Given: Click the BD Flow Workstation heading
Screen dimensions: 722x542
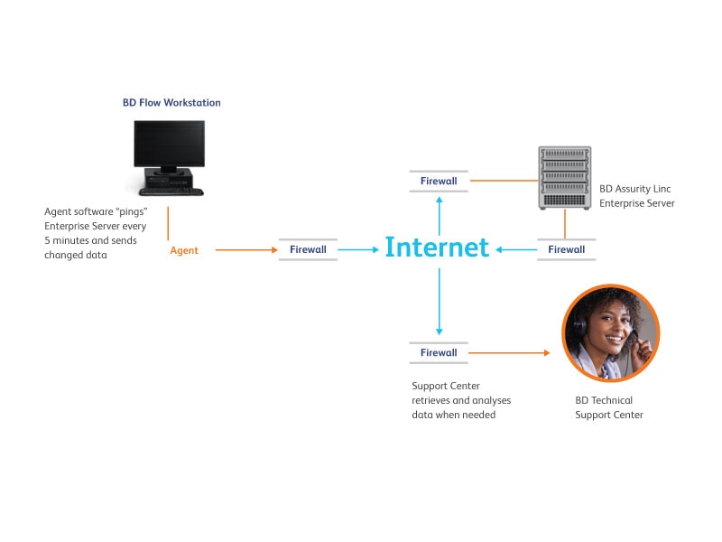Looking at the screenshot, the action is click(171, 102).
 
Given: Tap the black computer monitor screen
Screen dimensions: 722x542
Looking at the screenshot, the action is click(170, 144).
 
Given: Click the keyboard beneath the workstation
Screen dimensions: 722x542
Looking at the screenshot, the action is click(171, 192).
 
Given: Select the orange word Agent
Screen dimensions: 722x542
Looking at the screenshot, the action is click(184, 250).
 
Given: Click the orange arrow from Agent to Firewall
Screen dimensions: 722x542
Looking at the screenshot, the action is click(246, 250).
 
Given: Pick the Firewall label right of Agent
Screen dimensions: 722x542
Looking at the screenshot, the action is click(308, 249).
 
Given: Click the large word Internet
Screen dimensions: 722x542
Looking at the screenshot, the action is click(437, 247).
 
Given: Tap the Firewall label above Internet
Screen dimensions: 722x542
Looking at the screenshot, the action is click(439, 181).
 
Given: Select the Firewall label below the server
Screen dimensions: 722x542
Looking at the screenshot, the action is click(567, 249).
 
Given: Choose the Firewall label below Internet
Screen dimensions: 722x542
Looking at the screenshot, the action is click(439, 352).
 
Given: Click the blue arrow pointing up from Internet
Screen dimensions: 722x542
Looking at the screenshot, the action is click(440, 216).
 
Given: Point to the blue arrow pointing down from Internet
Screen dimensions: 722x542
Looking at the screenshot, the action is click(440, 302).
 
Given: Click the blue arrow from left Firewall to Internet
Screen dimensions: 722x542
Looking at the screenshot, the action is click(358, 250).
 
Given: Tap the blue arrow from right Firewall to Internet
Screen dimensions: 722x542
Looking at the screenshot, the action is click(516, 250).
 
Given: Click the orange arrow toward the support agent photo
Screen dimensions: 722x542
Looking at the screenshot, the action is click(509, 353).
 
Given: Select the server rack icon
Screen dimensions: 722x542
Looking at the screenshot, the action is click(565, 178).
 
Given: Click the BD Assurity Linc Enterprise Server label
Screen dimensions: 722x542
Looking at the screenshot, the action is click(637, 196).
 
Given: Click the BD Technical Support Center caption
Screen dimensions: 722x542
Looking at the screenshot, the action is click(608, 407).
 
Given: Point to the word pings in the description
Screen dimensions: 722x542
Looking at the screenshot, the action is click(131, 212).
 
